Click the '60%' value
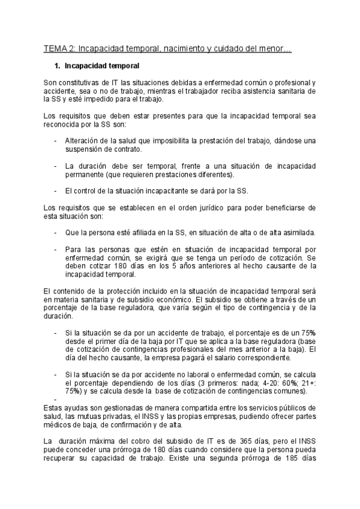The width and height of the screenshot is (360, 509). click(276, 383)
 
